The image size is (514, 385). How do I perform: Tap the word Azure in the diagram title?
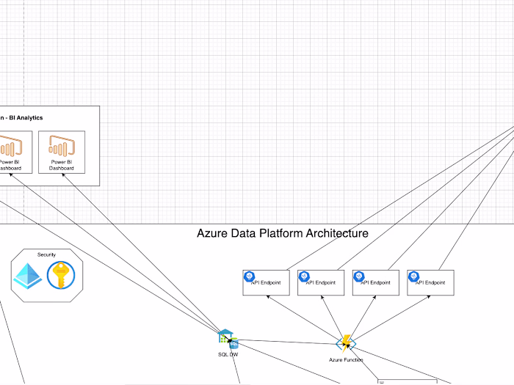pyautogui.click(x=212, y=234)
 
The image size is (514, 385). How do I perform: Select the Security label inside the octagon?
pyautogui.click(x=47, y=254)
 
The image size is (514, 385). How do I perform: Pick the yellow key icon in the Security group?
pyautogui.click(x=61, y=276)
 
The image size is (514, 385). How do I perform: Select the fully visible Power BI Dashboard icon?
pyautogui.click(x=62, y=144)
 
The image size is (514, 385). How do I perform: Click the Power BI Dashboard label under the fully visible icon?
pyautogui.click(x=62, y=165)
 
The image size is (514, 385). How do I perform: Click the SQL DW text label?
pyautogui.click(x=228, y=354)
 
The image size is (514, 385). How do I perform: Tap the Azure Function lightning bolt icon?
pyautogui.click(x=345, y=342)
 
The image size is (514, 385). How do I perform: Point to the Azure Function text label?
pyautogui.click(x=345, y=360)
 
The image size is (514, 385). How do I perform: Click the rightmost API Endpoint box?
pyautogui.click(x=431, y=283)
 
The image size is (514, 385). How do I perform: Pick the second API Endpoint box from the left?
pyautogui.click(x=321, y=283)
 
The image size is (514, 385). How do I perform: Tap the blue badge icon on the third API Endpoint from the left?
pyautogui.click(x=359, y=276)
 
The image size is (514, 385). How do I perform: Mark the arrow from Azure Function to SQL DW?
pyautogui.click(x=286, y=341)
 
